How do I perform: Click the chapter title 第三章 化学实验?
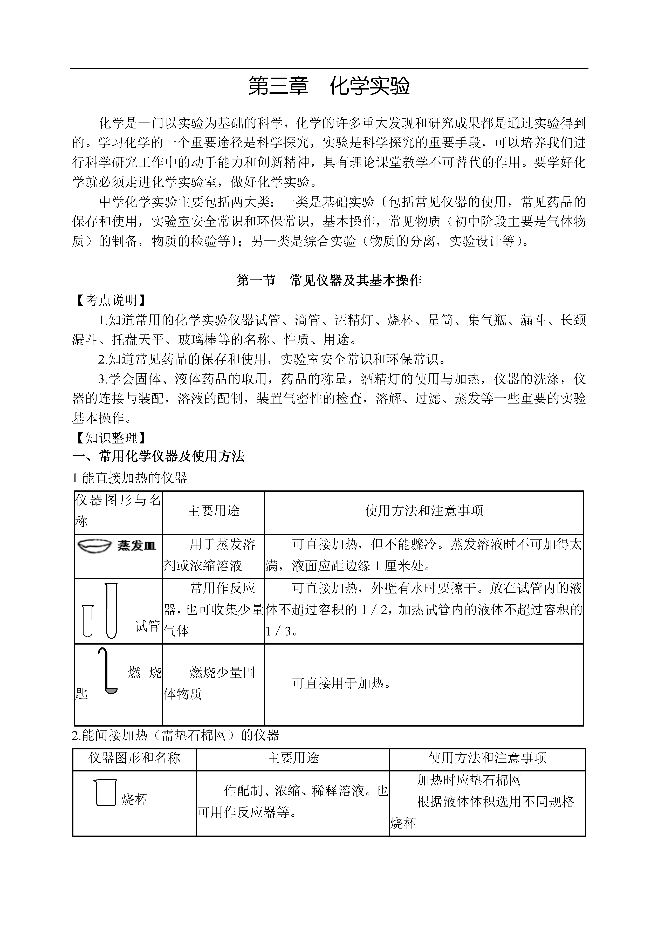(329, 86)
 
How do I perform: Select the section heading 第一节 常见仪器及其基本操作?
(329, 281)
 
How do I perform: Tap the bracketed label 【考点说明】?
(109, 300)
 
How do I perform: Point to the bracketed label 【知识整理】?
(109, 438)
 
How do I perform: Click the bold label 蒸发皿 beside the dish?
(137, 545)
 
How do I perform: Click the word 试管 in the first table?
(147, 626)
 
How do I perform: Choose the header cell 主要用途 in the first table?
(214, 511)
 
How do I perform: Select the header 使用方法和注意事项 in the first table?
(424, 511)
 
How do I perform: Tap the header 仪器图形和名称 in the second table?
(134, 758)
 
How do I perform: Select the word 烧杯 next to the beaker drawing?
(134, 799)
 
